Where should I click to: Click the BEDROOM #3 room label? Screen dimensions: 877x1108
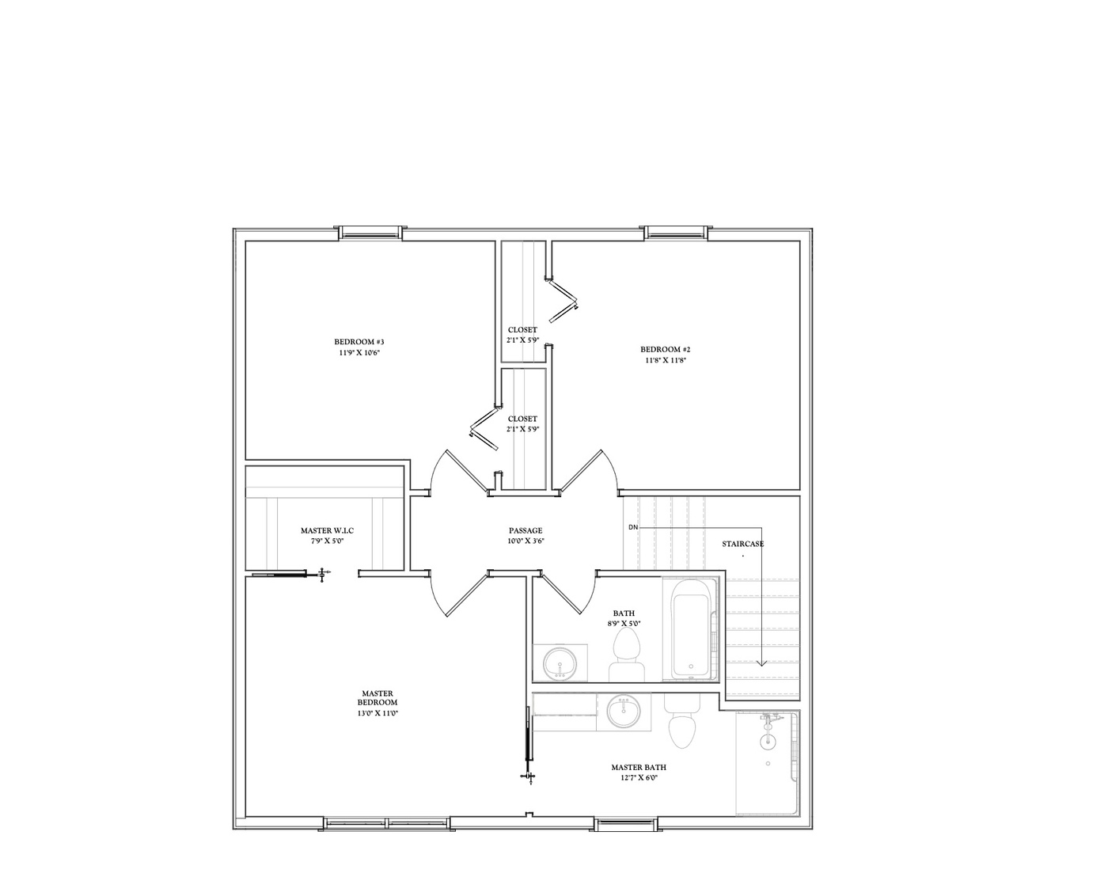359,342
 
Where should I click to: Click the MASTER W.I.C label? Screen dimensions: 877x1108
327,531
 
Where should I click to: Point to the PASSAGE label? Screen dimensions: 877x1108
526,530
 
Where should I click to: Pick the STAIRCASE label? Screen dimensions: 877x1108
743,544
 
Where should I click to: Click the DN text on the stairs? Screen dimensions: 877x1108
632,527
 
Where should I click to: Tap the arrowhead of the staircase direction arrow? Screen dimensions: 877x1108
762,663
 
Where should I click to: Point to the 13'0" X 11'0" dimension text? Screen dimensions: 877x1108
377,713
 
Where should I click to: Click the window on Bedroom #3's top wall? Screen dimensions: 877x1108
370,233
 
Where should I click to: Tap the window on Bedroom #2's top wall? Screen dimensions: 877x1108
675,233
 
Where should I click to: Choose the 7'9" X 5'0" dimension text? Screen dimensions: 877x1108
327,541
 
